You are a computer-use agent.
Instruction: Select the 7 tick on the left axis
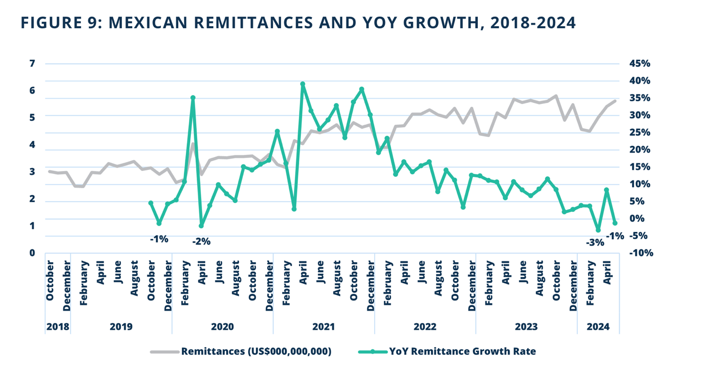(33, 64)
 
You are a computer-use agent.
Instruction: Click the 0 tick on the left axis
(33, 253)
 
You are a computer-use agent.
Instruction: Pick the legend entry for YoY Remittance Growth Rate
(462, 351)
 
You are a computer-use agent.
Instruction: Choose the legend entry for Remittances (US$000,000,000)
(256, 351)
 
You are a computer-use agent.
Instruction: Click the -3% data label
(595, 242)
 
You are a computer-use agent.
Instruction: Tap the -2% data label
(201, 241)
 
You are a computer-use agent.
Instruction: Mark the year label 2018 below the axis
(58, 327)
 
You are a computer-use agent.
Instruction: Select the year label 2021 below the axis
(324, 327)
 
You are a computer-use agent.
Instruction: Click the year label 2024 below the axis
(598, 327)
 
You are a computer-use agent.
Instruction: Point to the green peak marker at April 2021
(303, 84)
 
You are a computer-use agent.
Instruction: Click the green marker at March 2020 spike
(193, 98)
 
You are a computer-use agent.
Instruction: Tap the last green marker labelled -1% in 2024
(615, 223)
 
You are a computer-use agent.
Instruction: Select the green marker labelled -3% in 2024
(598, 230)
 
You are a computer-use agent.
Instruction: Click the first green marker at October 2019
(151, 203)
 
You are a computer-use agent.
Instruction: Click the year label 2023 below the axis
(526, 327)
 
